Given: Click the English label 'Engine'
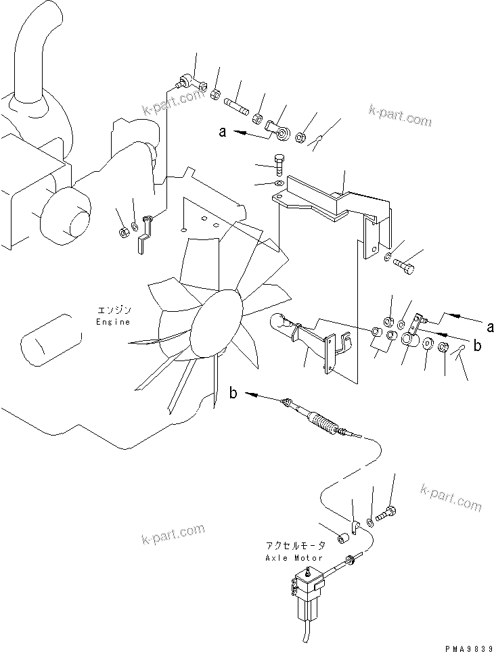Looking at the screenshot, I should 112,323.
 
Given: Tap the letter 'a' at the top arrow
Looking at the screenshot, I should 221,133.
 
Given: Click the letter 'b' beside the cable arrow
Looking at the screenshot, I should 233,394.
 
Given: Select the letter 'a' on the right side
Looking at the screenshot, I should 489,327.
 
